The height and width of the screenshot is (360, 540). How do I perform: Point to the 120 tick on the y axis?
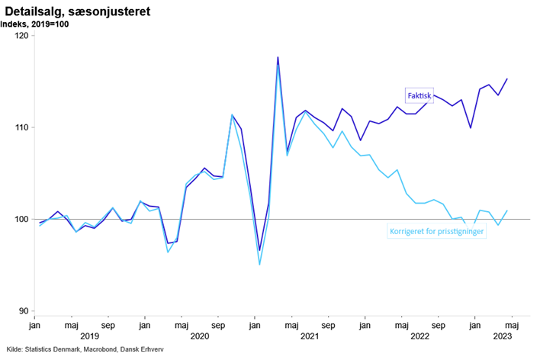(21, 36)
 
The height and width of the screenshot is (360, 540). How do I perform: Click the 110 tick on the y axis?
(21, 127)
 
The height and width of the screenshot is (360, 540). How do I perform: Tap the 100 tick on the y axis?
(21, 220)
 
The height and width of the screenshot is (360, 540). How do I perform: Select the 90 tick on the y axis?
(23, 311)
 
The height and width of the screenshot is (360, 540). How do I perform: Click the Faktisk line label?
(419, 96)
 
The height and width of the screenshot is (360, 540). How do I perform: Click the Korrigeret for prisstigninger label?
(437, 231)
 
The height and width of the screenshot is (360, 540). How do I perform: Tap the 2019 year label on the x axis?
(89, 336)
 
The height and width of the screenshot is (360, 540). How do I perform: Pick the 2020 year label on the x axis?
(200, 336)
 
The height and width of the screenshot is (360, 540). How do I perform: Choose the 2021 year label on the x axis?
(309, 336)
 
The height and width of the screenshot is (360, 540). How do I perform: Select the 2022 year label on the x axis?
(419, 336)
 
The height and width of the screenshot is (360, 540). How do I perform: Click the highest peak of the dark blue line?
(278, 57)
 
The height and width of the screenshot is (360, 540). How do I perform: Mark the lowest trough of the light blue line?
(259, 265)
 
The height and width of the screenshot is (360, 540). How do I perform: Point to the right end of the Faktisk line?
(508, 79)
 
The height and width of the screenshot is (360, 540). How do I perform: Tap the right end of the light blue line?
(508, 211)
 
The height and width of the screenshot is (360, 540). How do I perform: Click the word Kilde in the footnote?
(12, 350)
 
